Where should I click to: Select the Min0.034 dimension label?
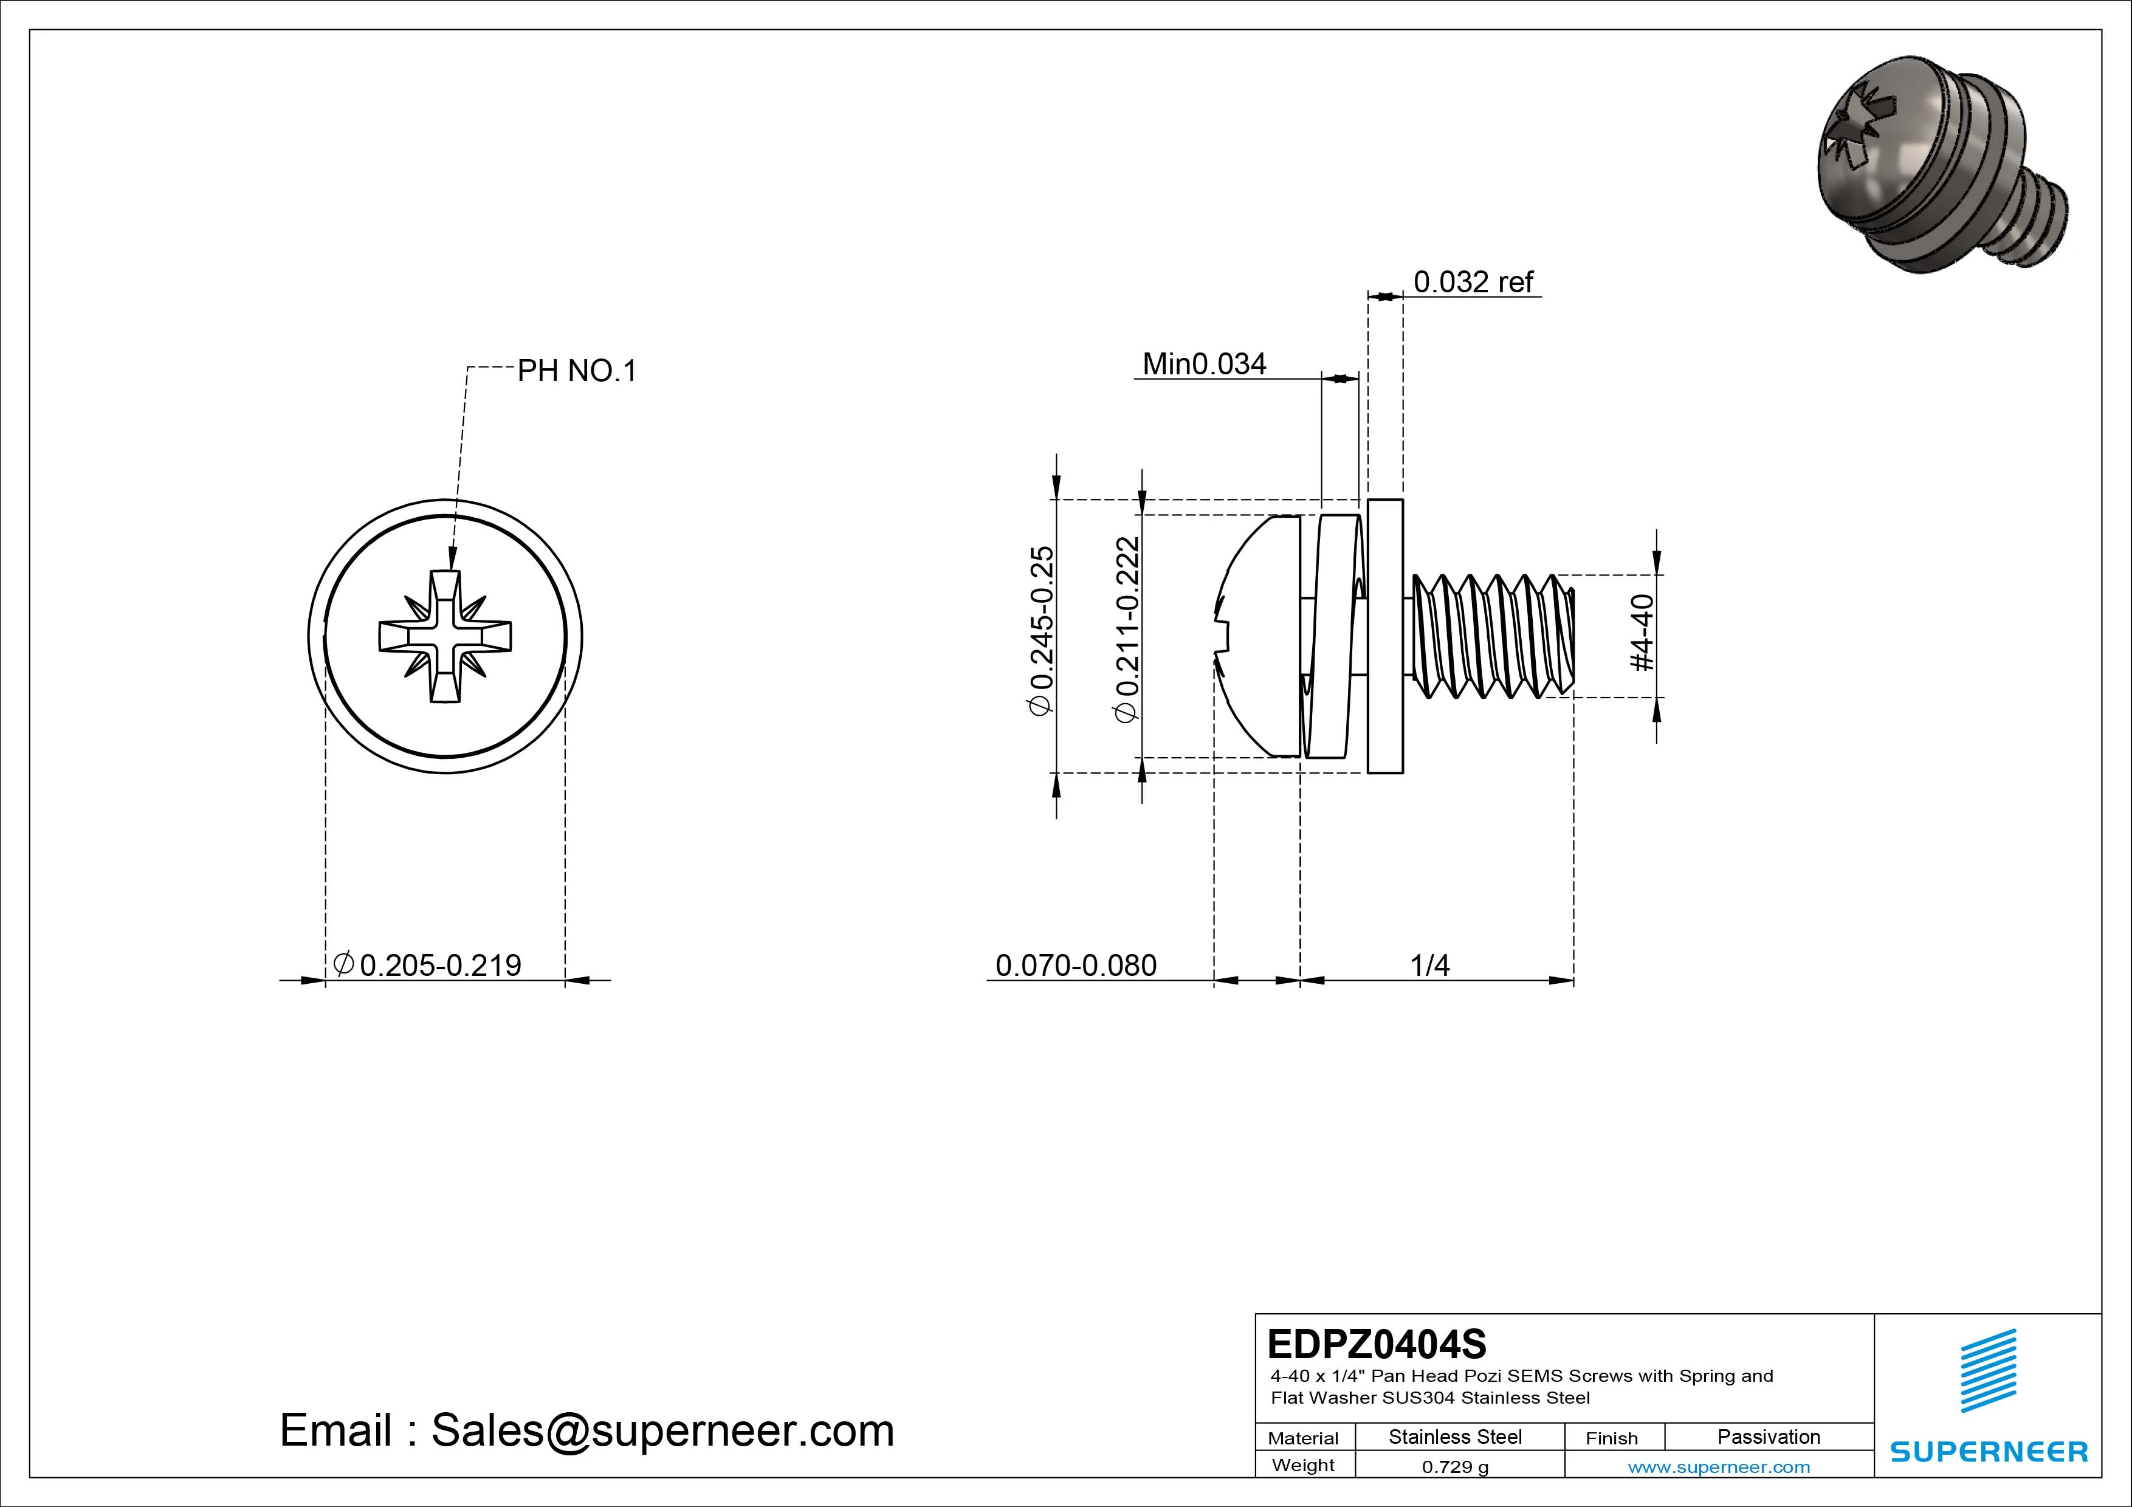pyautogui.click(x=1203, y=364)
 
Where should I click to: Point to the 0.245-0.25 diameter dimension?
pyautogui.click(x=1042, y=631)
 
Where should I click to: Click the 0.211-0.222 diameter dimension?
pyautogui.click(x=1126, y=631)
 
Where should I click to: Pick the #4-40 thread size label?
pyautogui.click(x=1642, y=633)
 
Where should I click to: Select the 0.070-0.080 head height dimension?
pyautogui.click(x=1075, y=965)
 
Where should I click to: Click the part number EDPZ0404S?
pyautogui.click(x=1376, y=1344)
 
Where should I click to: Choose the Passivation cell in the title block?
pyautogui.click(x=1768, y=1437)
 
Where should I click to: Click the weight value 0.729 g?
pyautogui.click(x=1455, y=1467)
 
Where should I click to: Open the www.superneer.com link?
pyautogui.click(x=1718, y=1467)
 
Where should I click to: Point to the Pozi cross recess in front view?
pyautogui.click(x=445, y=637)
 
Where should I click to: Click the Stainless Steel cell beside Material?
pyautogui.click(x=1454, y=1437)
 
